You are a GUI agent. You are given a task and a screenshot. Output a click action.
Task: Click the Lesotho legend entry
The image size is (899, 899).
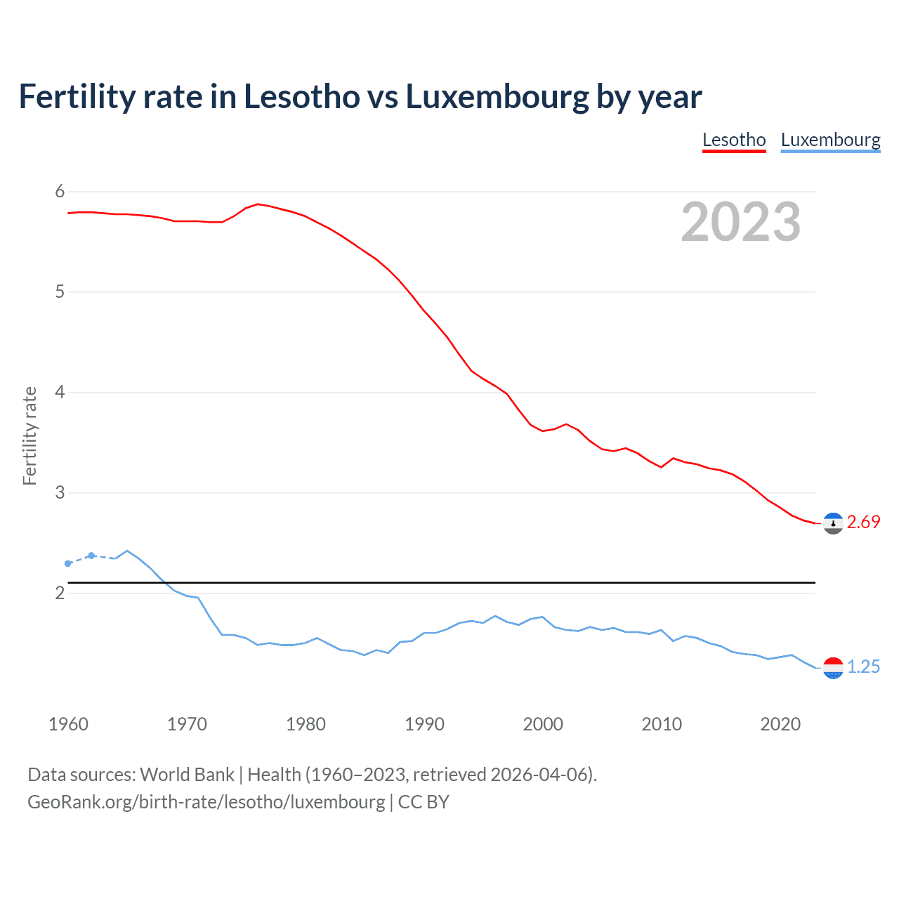coord(734,140)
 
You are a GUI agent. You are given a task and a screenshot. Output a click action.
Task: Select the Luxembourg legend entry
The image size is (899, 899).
coord(830,140)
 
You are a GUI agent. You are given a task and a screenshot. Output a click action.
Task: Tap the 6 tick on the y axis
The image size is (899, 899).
coord(60,191)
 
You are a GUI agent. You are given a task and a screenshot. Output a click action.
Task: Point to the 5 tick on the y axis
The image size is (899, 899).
coord(60,291)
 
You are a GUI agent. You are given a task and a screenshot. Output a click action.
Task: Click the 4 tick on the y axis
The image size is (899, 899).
coord(60,392)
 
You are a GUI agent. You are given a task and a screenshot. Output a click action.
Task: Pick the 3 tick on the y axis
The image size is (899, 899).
coord(60,492)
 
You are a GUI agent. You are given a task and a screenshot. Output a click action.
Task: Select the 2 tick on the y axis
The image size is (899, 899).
coord(60,593)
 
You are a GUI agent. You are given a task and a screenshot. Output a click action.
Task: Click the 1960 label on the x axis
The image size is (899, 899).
coord(68,724)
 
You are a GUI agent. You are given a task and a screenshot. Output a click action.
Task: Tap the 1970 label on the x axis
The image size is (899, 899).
coord(187,724)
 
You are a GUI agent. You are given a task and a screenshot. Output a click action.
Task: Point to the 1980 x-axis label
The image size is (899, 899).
coord(306,724)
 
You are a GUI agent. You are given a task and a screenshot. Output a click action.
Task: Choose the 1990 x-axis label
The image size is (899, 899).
coord(424,724)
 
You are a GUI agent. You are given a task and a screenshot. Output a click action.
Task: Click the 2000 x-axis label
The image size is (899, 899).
coord(543,724)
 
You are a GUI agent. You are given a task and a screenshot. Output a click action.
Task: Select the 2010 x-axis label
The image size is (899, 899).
coord(662,724)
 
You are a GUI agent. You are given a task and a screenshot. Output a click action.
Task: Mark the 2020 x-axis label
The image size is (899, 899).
coord(780,724)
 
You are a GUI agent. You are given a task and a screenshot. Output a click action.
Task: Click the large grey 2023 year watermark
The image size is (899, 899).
coord(741,222)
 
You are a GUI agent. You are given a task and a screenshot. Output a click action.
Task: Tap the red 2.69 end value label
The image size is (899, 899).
coord(863,522)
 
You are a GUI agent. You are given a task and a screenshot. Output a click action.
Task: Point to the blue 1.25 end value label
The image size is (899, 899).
coord(863,667)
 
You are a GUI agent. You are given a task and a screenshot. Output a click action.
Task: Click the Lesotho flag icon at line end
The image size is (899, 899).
coord(833,523)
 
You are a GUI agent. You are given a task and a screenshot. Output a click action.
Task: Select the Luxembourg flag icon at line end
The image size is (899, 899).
coord(833,668)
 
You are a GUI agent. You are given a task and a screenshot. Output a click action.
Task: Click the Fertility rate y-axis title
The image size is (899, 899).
coord(29,435)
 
